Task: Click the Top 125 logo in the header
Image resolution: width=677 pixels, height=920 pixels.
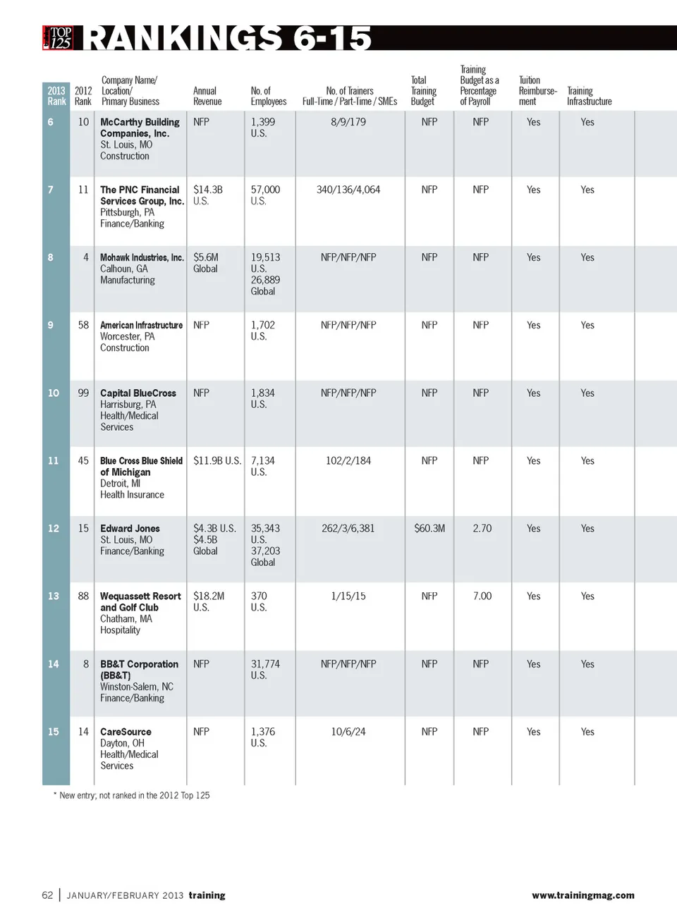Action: click(58, 37)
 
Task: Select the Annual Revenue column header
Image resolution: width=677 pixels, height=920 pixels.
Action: click(207, 96)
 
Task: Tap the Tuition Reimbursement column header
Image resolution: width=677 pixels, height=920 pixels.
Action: click(537, 91)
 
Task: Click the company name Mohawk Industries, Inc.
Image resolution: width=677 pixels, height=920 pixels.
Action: click(142, 257)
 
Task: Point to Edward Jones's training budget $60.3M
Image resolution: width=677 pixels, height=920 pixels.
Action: click(429, 528)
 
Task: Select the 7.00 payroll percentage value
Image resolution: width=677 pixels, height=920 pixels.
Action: click(482, 596)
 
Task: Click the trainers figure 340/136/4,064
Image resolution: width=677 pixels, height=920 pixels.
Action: click(348, 190)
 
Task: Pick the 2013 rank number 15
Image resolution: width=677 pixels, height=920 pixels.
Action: click(54, 732)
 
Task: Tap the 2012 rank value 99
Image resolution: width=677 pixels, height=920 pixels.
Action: click(83, 393)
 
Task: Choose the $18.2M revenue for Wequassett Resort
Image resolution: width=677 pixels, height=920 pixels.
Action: click(209, 596)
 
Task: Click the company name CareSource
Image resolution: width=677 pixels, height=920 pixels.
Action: click(126, 732)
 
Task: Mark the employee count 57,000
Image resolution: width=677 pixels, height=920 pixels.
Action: click(265, 190)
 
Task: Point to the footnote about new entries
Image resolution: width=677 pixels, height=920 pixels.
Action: click(132, 795)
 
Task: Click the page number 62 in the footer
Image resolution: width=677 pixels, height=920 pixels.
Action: click(47, 895)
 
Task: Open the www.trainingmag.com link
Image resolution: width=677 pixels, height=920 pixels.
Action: click(583, 895)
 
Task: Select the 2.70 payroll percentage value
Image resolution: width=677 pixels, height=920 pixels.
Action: click(482, 528)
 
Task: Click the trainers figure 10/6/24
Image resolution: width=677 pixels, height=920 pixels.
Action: click(348, 732)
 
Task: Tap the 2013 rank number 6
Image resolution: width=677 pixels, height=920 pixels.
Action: click(51, 122)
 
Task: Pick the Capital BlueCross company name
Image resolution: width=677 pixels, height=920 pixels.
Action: click(138, 393)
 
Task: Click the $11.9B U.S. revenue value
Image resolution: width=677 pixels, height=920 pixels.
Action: click(217, 460)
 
